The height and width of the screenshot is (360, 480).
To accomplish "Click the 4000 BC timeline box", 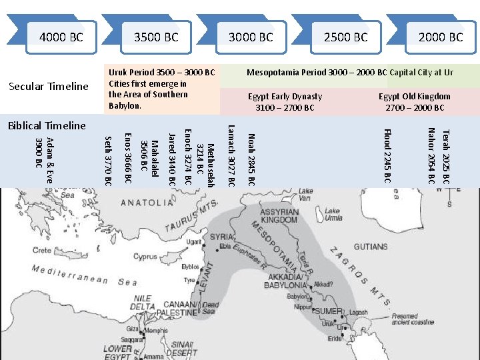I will click(61, 37).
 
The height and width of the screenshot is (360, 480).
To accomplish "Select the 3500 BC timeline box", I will click(156, 37).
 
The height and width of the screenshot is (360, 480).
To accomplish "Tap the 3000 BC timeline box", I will click(251, 37).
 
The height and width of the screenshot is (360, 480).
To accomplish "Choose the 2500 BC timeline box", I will click(345, 37).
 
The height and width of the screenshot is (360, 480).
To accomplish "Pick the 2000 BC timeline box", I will click(440, 37).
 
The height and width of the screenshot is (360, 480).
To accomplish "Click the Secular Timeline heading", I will click(47, 86).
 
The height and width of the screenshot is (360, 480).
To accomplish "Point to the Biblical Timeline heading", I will click(46, 125).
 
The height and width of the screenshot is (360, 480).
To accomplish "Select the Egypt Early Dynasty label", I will click(285, 102).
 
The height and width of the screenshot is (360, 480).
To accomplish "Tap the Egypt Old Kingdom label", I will click(415, 102).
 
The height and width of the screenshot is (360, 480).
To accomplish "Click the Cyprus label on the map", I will click(145, 256).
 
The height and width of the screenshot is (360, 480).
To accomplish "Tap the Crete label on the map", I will click(41, 251).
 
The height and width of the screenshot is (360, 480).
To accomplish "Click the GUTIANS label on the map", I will click(371, 247).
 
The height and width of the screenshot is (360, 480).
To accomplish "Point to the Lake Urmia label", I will click(333, 215).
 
